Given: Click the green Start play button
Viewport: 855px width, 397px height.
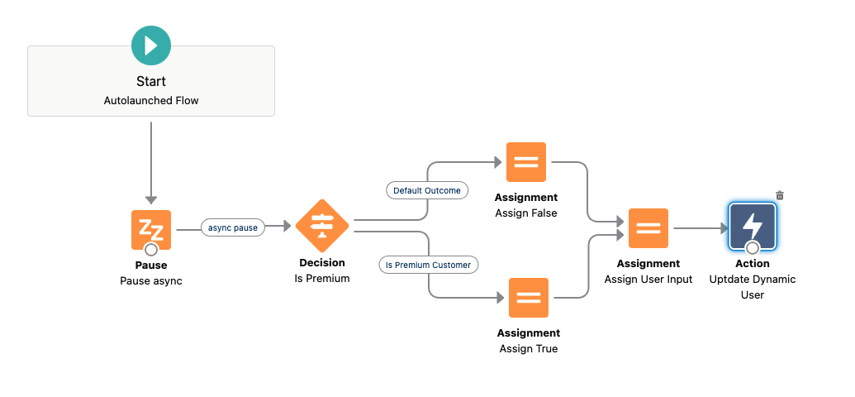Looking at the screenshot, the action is pos(151,45).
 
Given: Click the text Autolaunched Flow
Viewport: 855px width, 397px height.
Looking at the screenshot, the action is pos(151,100).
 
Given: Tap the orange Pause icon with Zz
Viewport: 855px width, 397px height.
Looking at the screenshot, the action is pos(151,230).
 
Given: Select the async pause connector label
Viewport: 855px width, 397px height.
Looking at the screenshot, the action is pos(233,227).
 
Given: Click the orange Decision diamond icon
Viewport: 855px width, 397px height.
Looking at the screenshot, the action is pos(321,226).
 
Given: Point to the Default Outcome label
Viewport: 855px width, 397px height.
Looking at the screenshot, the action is pos(427,190).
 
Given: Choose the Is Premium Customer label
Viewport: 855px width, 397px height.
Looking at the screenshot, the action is pos(428,265).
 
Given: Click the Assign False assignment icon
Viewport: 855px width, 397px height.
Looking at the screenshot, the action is pos(526,162).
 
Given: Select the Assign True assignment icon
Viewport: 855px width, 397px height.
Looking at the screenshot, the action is pos(529,298).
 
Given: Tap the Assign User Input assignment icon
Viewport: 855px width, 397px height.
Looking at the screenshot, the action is pos(648,228).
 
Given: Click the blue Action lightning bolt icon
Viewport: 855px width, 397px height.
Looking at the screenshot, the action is pos(753,227).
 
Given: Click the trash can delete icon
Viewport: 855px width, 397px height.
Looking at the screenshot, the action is pos(780,195).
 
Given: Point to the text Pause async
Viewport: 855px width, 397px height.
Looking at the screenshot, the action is pos(151,281).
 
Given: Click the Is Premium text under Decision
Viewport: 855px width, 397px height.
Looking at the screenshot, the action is pos(321,279).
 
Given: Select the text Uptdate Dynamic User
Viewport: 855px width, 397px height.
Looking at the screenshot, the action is pos(753,287).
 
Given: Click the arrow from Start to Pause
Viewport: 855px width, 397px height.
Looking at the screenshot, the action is pos(151,163).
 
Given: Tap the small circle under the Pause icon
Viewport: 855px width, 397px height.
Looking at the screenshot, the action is pos(151,250).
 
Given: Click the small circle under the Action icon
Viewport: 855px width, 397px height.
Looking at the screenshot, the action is pos(753,248).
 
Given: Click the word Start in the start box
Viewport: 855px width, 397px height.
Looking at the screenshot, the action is pos(151,81).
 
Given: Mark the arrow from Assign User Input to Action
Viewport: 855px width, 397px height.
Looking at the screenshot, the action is pos(701,228).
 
